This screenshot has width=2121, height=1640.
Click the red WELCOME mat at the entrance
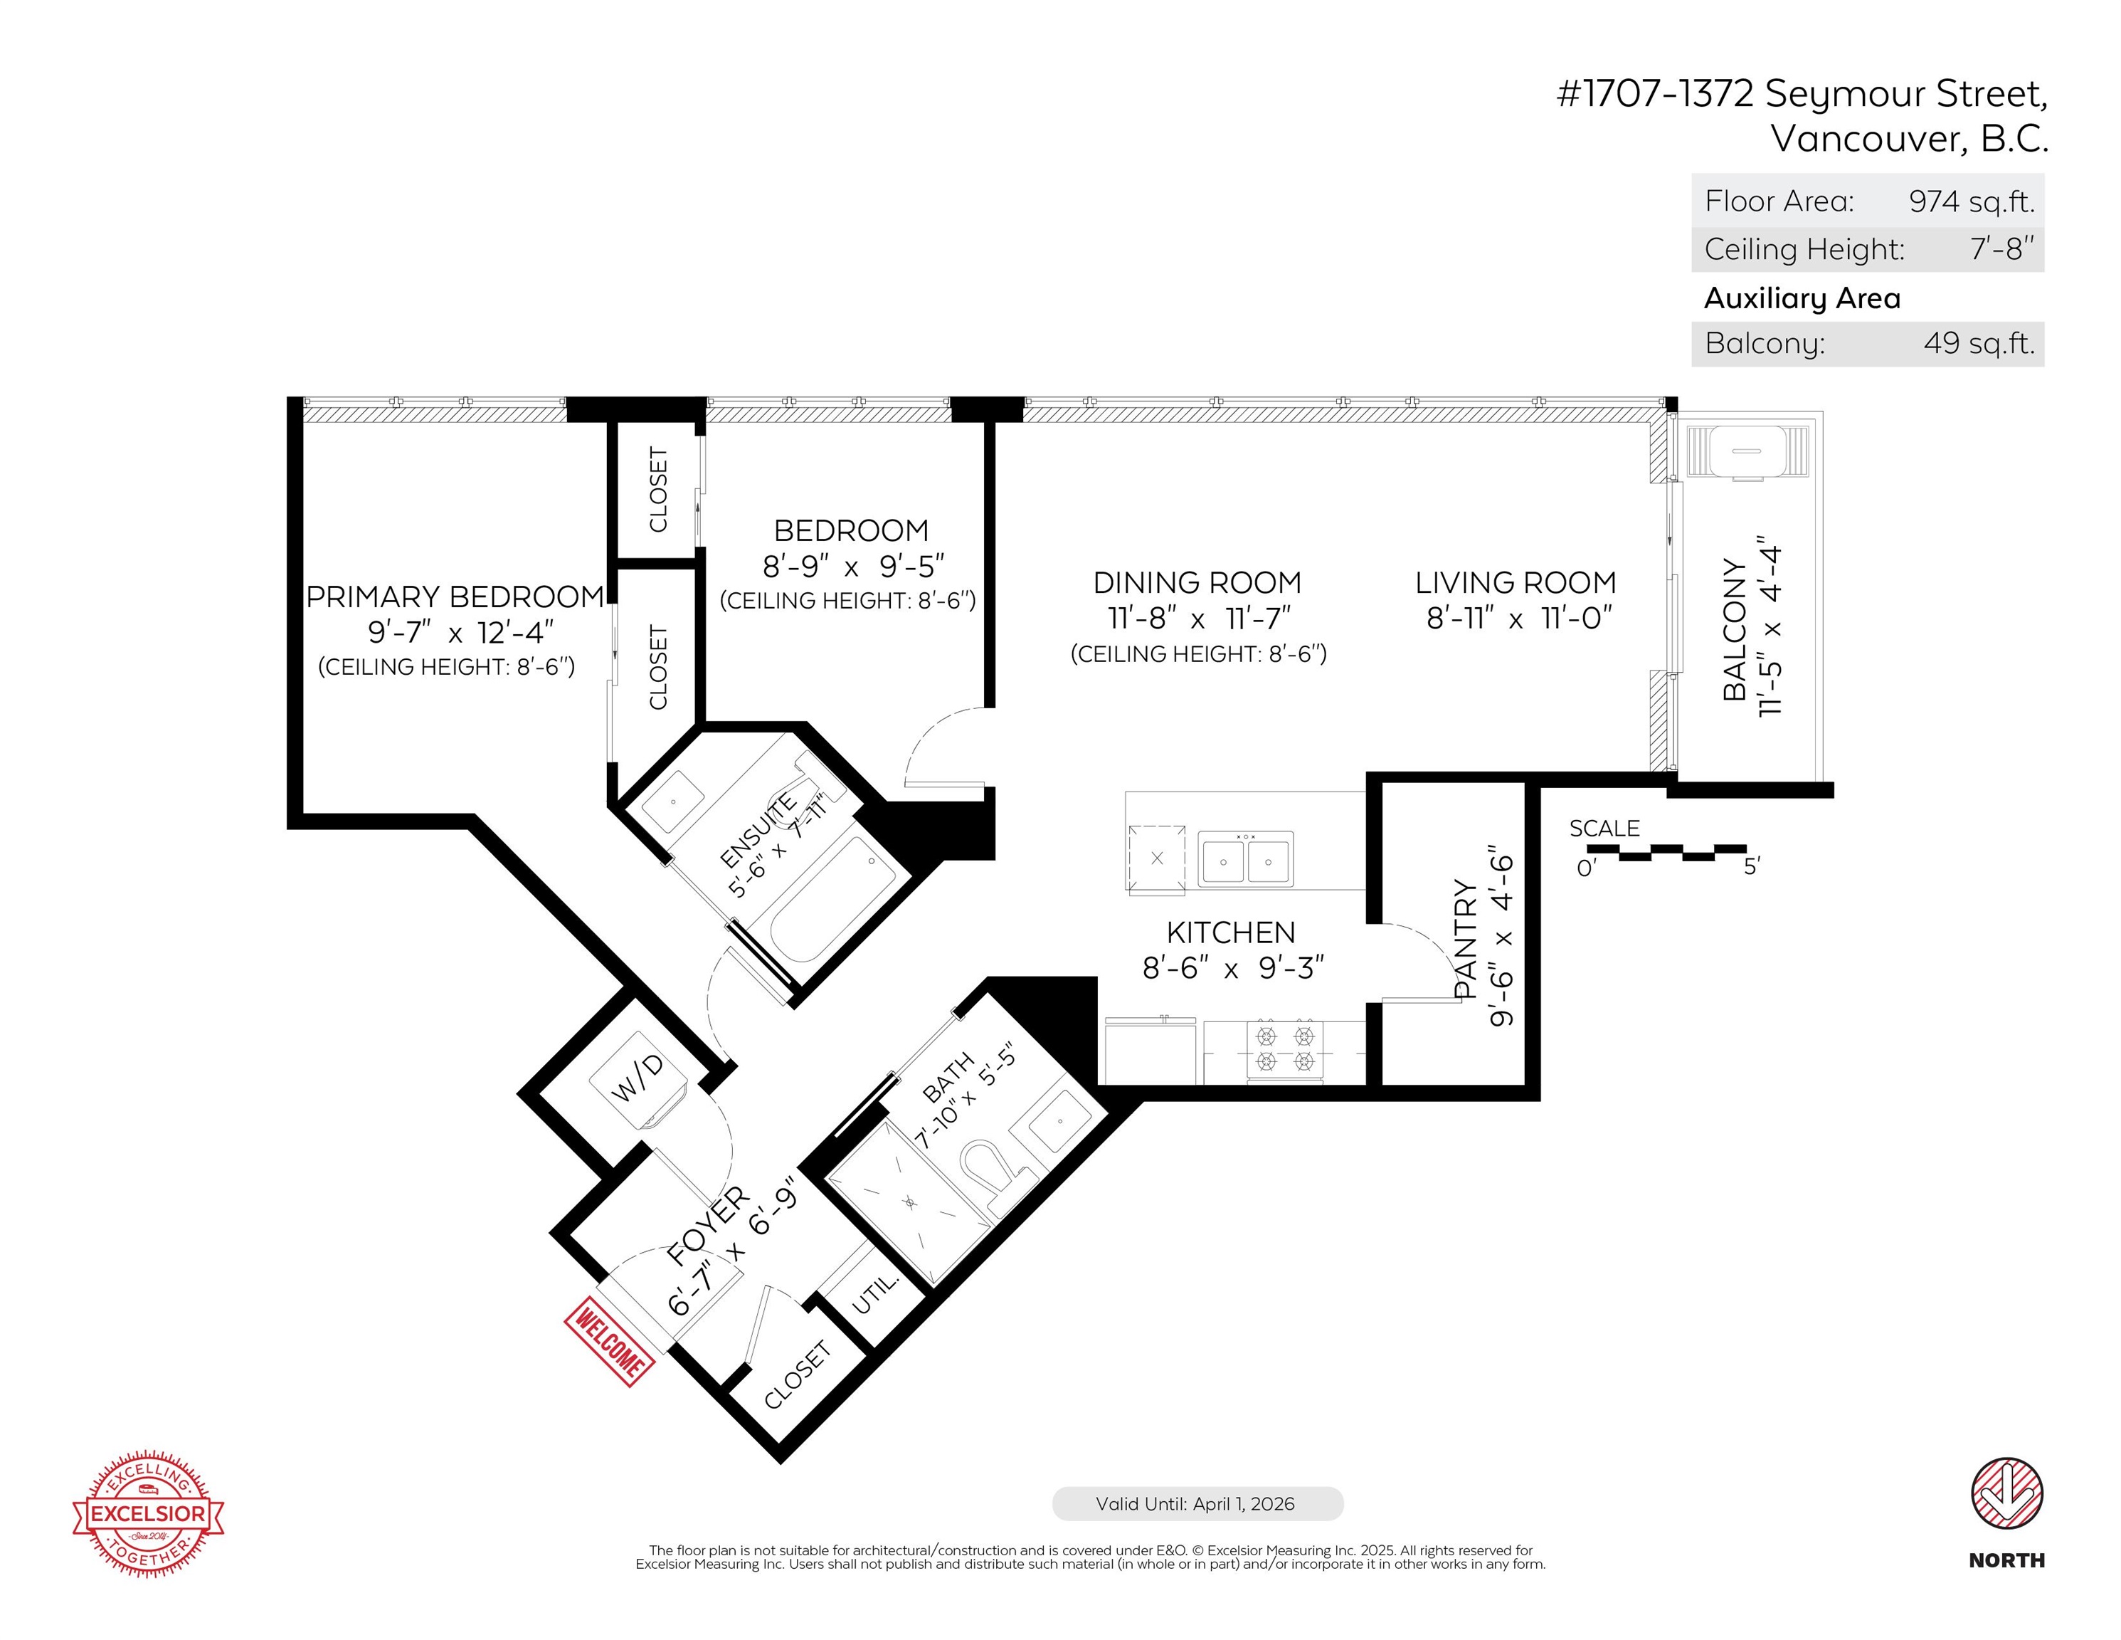(609, 1342)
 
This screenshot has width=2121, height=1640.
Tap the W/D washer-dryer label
(637, 1078)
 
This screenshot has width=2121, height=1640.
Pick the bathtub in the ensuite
(833, 899)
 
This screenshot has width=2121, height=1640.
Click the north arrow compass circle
(2006, 1493)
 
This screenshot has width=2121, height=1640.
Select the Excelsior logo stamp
(149, 1513)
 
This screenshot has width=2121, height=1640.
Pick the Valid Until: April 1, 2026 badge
(1197, 1503)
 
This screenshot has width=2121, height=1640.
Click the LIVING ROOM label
(1516, 583)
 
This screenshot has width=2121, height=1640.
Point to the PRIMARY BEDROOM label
(455, 596)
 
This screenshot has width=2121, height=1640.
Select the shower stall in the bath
(907, 1203)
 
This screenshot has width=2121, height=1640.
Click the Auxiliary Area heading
(1802, 298)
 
